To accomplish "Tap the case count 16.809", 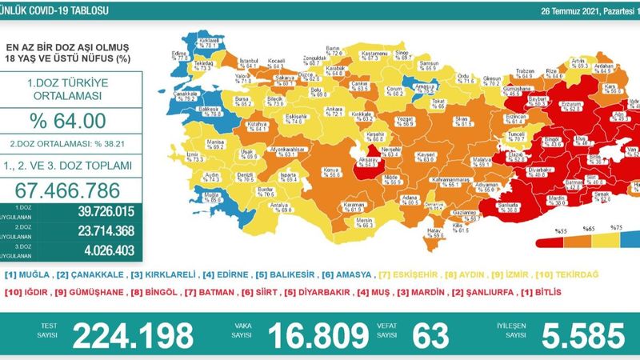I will (334, 334).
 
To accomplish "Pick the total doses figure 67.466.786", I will (72, 190).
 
